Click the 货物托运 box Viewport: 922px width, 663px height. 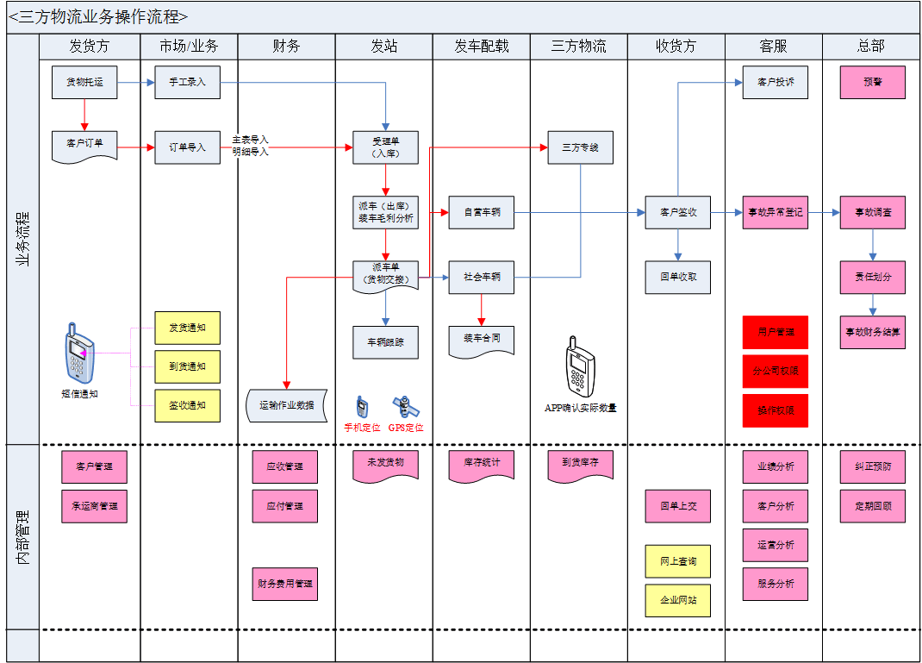[x=84, y=82]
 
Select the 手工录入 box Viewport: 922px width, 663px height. [x=187, y=82]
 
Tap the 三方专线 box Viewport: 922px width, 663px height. [x=580, y=147]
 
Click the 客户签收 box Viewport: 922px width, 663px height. [x=678, y=212]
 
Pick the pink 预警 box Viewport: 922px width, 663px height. [x=873, y=82]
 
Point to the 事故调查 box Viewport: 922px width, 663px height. [x=873, y=212]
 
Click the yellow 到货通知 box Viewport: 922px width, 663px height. [x=187, y=366]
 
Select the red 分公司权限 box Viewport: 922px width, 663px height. [x=776, y=372]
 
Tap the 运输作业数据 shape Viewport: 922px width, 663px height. [x=287, y=405]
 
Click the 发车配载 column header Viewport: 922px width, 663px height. [x=482, y=47]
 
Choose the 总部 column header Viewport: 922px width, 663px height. [x=871, y=47]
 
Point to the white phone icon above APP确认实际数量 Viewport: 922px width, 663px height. [x=578, y=366]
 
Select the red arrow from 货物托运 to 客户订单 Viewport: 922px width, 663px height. [x=84, y=115]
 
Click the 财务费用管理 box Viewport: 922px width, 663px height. [x=285, y=584]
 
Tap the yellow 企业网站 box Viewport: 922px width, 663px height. [x=678, y=600]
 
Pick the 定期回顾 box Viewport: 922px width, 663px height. [x=873, y=506]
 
